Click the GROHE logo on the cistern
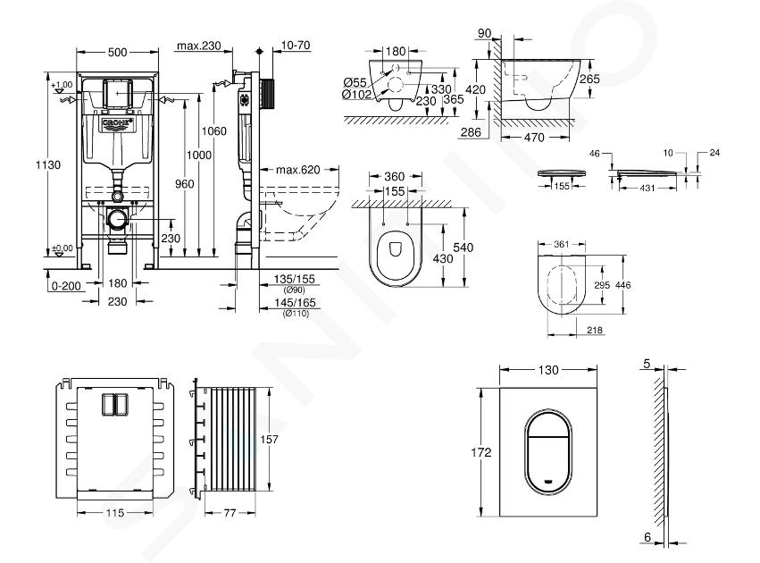(117, 124)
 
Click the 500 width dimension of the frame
(117, 52)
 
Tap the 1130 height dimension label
(48, 164)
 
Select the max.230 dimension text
(199, 46)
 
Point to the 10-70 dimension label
(296, 45)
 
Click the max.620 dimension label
(298, 170)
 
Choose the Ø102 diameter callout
(356, 95)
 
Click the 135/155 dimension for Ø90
(294, 280)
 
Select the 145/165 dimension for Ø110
(295, 303)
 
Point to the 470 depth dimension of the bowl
(534, 138)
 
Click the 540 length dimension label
(463, 248)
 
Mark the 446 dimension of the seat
(622, 285)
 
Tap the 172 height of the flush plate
(480, 452)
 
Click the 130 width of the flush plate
(548, 370)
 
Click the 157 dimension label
(269, 440)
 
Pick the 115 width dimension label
(115, 513)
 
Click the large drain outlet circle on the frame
(117, 220)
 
